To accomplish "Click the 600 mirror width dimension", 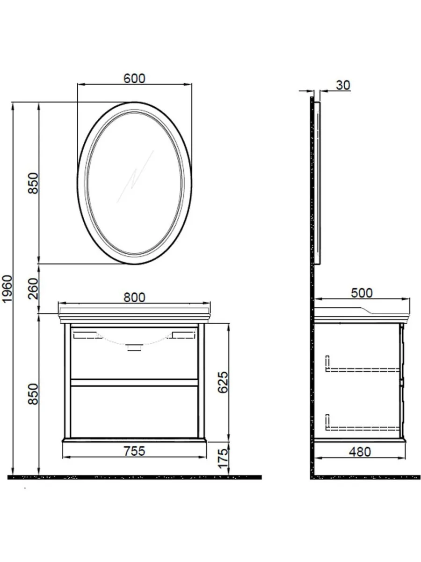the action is click(x=134, y=79).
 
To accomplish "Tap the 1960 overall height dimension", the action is click(x=7, y=289).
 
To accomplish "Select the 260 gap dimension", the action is click(x=33, y=288).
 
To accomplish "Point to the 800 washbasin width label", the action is click(x=134, y=297).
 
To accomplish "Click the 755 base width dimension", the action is click(x=134, y=451).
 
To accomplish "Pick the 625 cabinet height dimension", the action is click(x=223, y=382).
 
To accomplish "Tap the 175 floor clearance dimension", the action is click(x=223, y=458).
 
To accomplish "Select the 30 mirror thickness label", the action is click(x=343, y=85).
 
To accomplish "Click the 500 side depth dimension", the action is click(x=362, y=293).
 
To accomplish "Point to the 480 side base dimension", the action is click(x=360, y=452).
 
